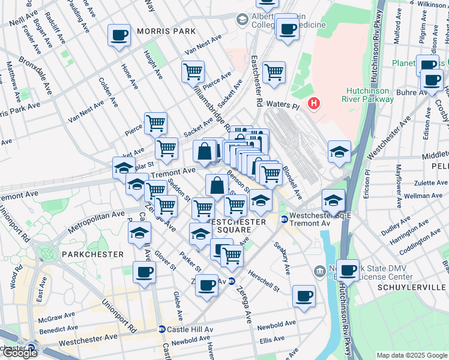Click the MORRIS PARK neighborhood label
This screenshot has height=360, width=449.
click(x=166, y=31)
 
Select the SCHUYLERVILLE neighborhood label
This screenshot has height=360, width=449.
click(x=412, y=287)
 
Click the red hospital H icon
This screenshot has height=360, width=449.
click(x=313, y=104)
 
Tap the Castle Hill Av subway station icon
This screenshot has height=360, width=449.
click(x=162, y=329)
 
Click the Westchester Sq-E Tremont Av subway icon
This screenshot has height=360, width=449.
click(x=283, y=220)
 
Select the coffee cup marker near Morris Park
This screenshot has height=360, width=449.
click(x=119, y=34)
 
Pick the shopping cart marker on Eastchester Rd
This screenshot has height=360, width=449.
click(x=274, y=71)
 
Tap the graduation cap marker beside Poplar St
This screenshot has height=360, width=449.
click(x=124, y=167)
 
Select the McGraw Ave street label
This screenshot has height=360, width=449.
click(x=56, y=316)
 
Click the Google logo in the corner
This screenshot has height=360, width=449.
click(x=19, y=353)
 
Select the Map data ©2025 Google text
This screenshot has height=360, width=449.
click(x=412, y=355)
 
